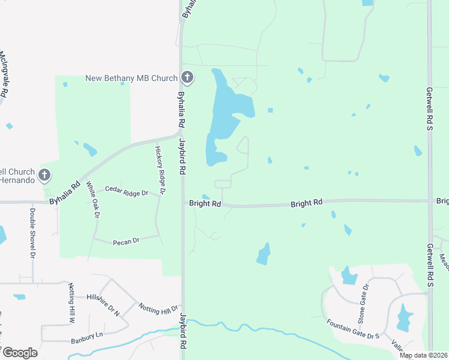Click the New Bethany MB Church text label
pyautogui.click(x=131, y=78)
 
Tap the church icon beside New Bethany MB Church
pyautogui.click(x=187, y=77)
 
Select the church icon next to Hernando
pyautogui.click(x=44, y=175)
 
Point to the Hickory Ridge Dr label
pyautogui.click(x=160, y=170)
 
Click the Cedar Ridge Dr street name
pyautogui.click(x=126, y=192)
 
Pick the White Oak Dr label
pyautogui.click(x=92, y=199)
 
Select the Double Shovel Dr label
pyautogui.click(x=32, y=233)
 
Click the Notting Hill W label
pyautogui.click(x=71, y=304)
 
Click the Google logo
pyautogui.click(x=19, y=353)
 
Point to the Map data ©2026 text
pyautogui.click(x=423, y=355)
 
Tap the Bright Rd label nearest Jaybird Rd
pyautogui.click(x=205, y=204)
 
